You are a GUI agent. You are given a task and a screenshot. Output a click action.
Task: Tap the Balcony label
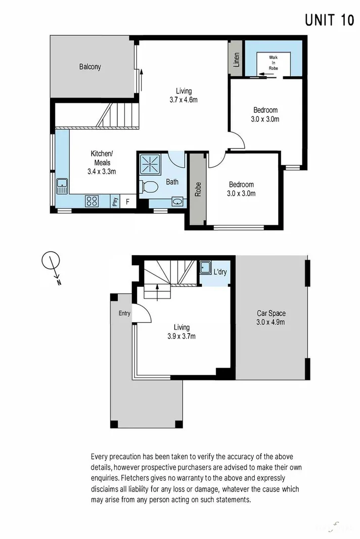pos(90,67)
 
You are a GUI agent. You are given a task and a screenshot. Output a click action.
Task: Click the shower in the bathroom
pos(150,164)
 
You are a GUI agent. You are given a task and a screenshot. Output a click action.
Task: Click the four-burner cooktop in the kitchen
pos(92,201)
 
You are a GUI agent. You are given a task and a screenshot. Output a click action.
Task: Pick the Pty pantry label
pos(115,202)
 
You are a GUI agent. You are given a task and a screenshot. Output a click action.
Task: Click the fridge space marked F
pos(127,202)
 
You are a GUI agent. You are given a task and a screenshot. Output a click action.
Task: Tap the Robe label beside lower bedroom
pos(198,189)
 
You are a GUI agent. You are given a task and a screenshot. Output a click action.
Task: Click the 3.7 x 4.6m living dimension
pos(184,100)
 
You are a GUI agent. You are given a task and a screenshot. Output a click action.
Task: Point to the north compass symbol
pos(51,263)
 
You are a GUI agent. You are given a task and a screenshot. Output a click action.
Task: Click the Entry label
pos(124,313)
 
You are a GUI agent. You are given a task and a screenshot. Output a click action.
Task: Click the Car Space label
pos(271,313)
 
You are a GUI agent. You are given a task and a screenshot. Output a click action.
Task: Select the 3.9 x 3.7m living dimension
pos(182,336)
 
